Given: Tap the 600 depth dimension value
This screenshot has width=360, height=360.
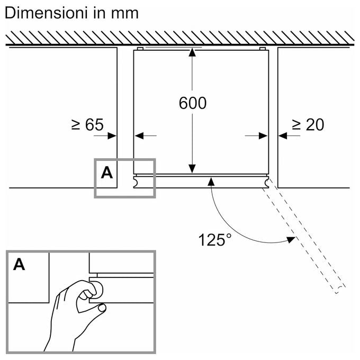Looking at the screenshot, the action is (x=193, y=103).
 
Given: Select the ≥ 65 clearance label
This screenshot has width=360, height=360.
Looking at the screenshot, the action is (x=87, y=124).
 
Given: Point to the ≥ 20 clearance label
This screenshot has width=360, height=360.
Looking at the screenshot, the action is (x=308, y=124).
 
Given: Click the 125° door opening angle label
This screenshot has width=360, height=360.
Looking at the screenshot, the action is (x=215, y=240).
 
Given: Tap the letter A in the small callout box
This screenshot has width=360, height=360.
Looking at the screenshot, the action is (x=107, y=173).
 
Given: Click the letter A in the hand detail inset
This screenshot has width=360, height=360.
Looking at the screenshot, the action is (x=19, y=264).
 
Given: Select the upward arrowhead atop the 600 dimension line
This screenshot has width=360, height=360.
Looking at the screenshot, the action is (x=192, y=52).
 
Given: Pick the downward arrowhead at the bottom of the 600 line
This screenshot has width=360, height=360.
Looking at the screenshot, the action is (x=192, y=169).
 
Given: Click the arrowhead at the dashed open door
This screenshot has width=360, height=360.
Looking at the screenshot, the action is (x=291, y=240).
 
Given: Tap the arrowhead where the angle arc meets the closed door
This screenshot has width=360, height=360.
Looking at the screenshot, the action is (x=211, y=182).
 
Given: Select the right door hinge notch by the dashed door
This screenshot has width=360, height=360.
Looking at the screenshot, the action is (x=266, y=182).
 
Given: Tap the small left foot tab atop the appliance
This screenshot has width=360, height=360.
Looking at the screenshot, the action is (x=140, y=49).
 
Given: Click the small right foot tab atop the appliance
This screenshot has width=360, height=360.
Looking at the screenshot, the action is (x=263, y=49).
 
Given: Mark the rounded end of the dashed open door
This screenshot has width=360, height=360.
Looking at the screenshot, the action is (x=341, y=290).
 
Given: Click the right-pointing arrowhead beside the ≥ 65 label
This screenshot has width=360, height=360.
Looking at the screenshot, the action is (x=112, y=136).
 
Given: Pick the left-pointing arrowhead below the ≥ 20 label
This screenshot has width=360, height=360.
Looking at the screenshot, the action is (x=283, y=136).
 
